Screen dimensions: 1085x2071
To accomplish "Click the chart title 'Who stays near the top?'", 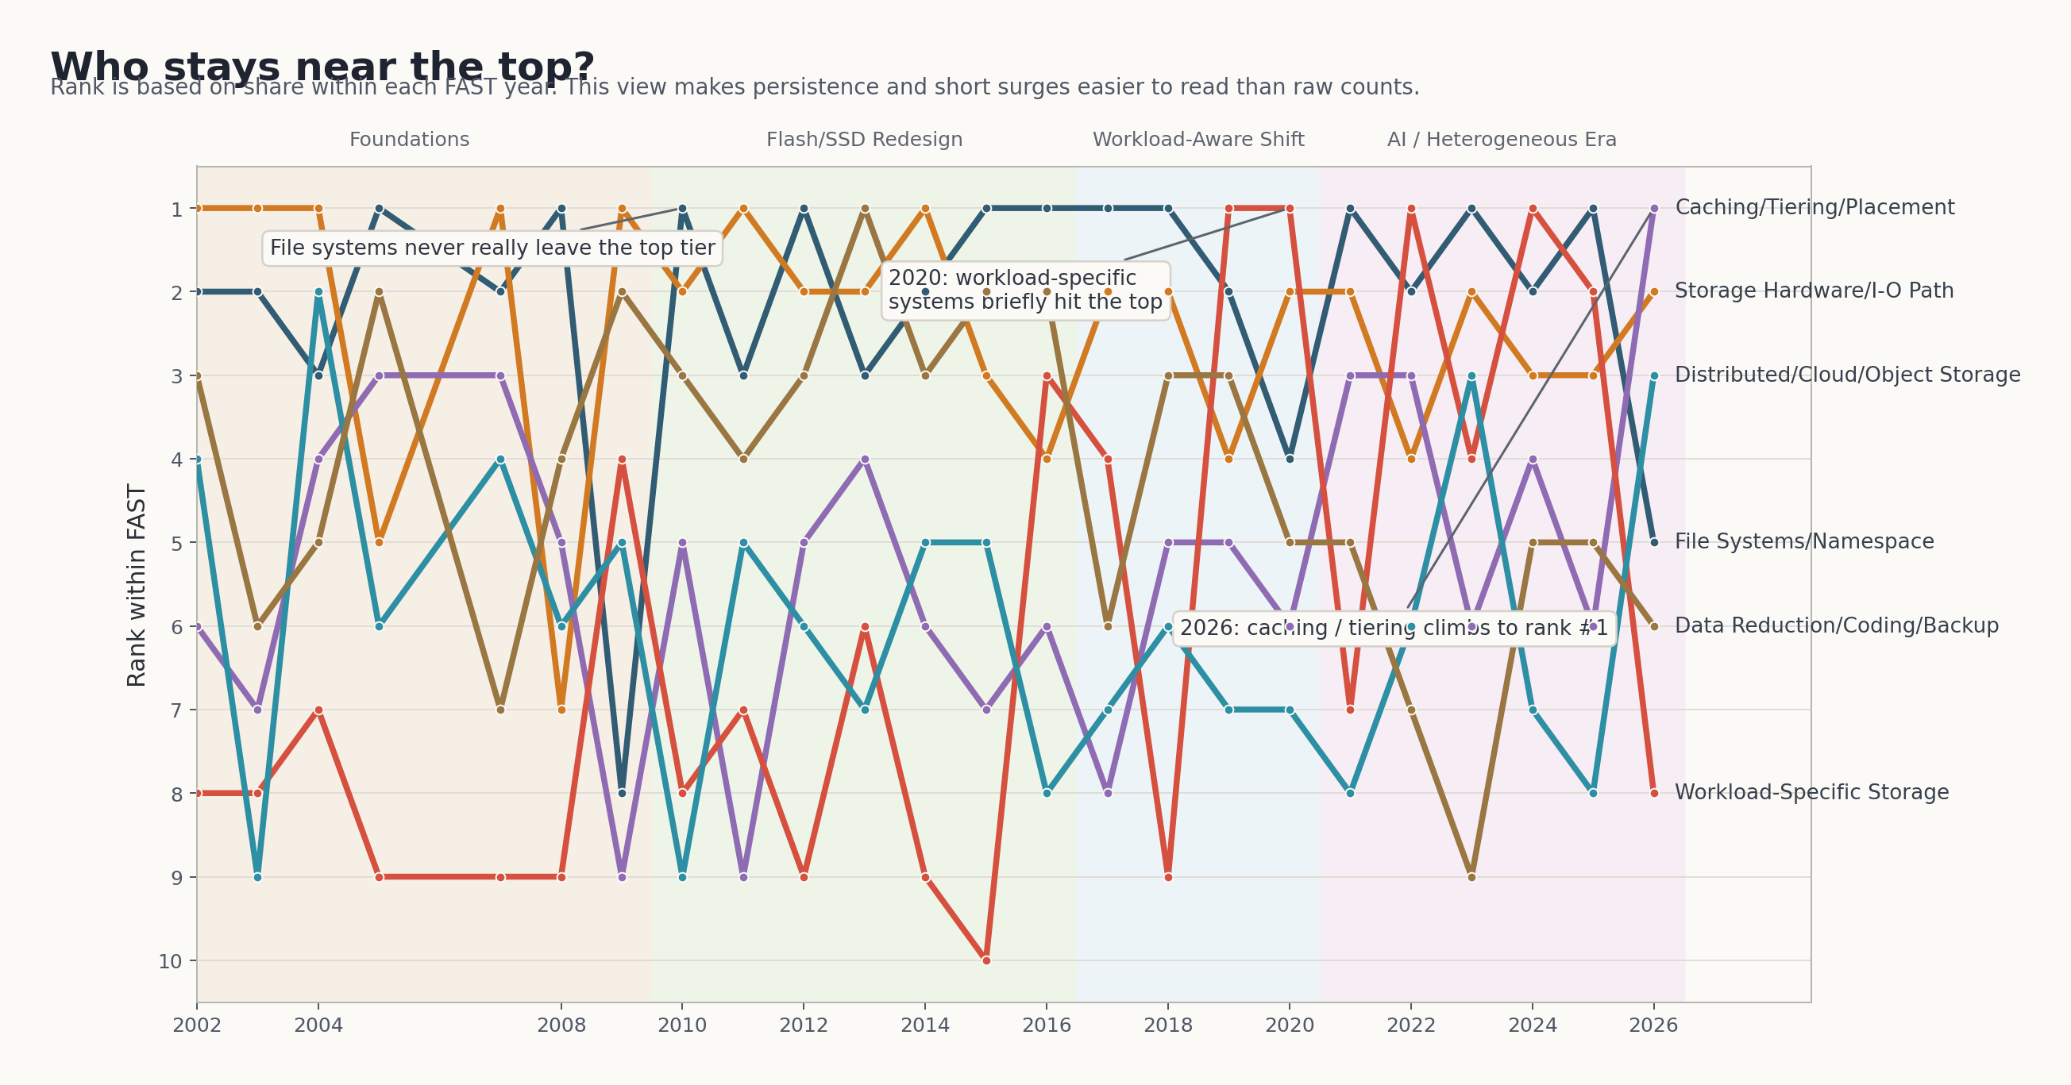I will [x=322, y=66].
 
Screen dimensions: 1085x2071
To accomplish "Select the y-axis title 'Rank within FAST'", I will [x=137, y=585].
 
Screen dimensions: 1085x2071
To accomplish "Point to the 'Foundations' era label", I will [x=409, y=140].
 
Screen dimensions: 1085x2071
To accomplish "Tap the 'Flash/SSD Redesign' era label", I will [x=864, y=140].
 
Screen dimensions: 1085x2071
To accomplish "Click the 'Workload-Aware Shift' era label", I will [x=1198, y=140].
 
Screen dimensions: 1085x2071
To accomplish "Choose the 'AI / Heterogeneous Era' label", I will [x=1501, y=140].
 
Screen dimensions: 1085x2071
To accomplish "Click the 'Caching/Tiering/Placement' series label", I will [x=1815, y=207].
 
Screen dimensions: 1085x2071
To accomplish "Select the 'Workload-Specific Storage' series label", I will [x=1811, y=792].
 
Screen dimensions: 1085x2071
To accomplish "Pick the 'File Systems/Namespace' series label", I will [x=1804, y=541].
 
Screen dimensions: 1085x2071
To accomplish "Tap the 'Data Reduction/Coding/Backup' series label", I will [x=1836, y=625].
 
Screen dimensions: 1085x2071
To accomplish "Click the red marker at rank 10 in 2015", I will [x=986, y=960].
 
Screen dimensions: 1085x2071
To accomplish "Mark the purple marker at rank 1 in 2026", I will [x=1654, y=208].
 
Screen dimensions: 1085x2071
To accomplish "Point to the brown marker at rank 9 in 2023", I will [x=1471, y=877].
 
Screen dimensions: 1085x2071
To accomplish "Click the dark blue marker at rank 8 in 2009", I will [x=622, y=793].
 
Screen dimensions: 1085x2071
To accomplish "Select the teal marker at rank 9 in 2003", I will [x=257, y=877].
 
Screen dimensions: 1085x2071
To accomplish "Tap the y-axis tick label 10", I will [x=171, y=961].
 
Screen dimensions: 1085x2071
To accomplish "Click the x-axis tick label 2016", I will [x=1047, y=1025].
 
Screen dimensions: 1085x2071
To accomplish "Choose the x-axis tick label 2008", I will [x=561, y=1025].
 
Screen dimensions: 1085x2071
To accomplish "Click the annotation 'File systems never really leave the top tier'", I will [x=492, y=248].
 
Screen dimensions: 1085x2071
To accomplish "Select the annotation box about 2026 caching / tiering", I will [x=1394, y=628].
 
